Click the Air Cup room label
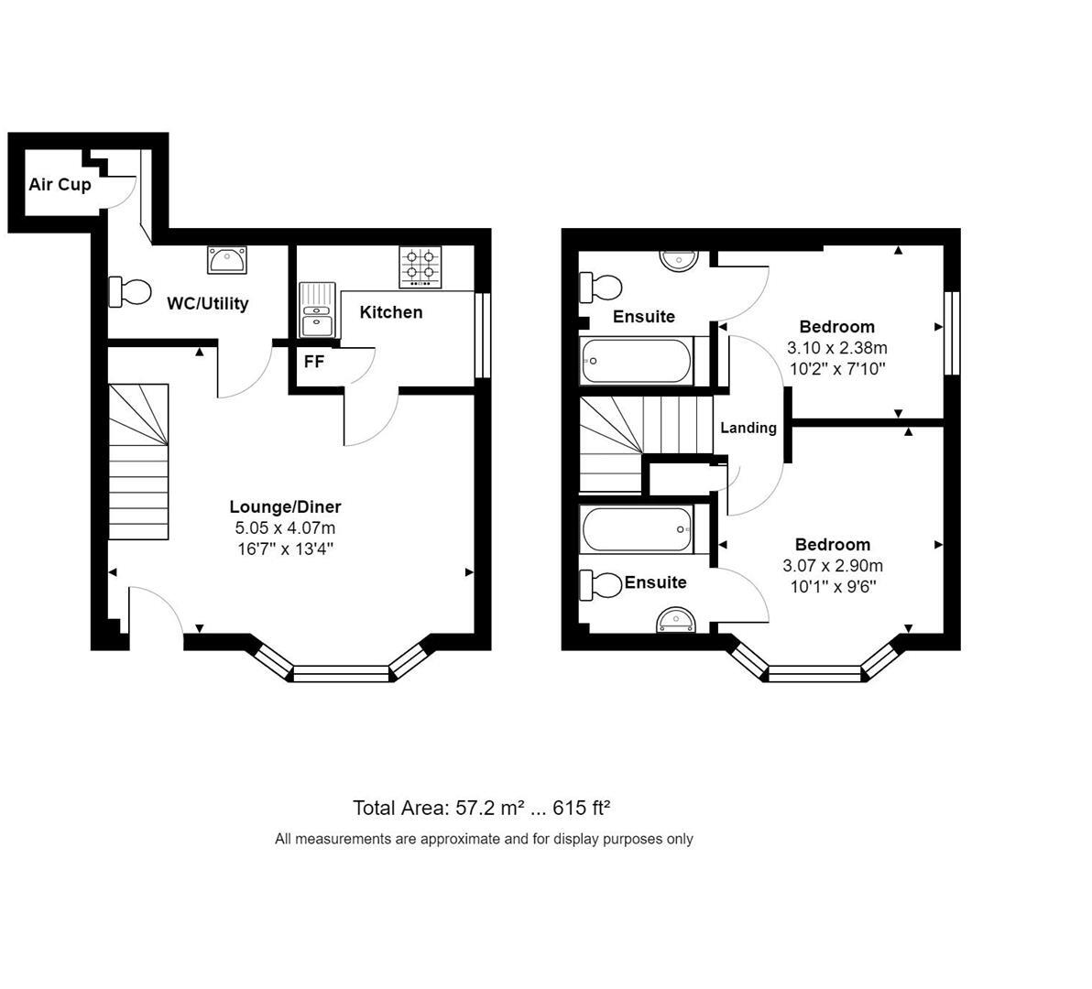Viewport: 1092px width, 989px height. pyautogui.click(x=60, y=184)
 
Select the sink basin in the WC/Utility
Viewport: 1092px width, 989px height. pyautogui.click(x=225, y=260)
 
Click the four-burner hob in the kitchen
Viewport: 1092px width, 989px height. pyautogui.click(x=420, y=266)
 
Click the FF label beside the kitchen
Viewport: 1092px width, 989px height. pyautogui.click(x=313, y=362)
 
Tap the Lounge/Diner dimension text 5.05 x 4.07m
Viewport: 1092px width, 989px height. pyautogui.click(x=285, y=528)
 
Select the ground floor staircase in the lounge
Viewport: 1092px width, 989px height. pyautogui.click(x=139, y=462)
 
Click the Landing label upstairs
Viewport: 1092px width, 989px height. pyautogui.click(x=748, y=428)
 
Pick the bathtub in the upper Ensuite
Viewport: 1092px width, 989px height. pyautogui.click(x=637, y=361)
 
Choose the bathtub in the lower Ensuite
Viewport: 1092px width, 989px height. pyautogui.click(x=637, y=529)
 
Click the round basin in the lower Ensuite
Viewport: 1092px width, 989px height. pyautogui.click(x=677, y=623)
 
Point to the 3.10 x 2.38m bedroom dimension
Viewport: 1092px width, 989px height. pyautogui.click(x=836, y=348)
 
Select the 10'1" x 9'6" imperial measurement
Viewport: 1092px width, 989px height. pyautogui.click(x=833, y=586)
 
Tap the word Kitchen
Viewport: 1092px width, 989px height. pyautogui.click(x=391, y=312)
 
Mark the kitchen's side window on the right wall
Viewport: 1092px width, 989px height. pyautogui.click(x=483, y=335)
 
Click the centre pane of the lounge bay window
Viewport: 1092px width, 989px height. pyautogui.click(x=341, y=675)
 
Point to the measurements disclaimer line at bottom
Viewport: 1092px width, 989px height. pyautogui.click(x=484, y=839)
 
